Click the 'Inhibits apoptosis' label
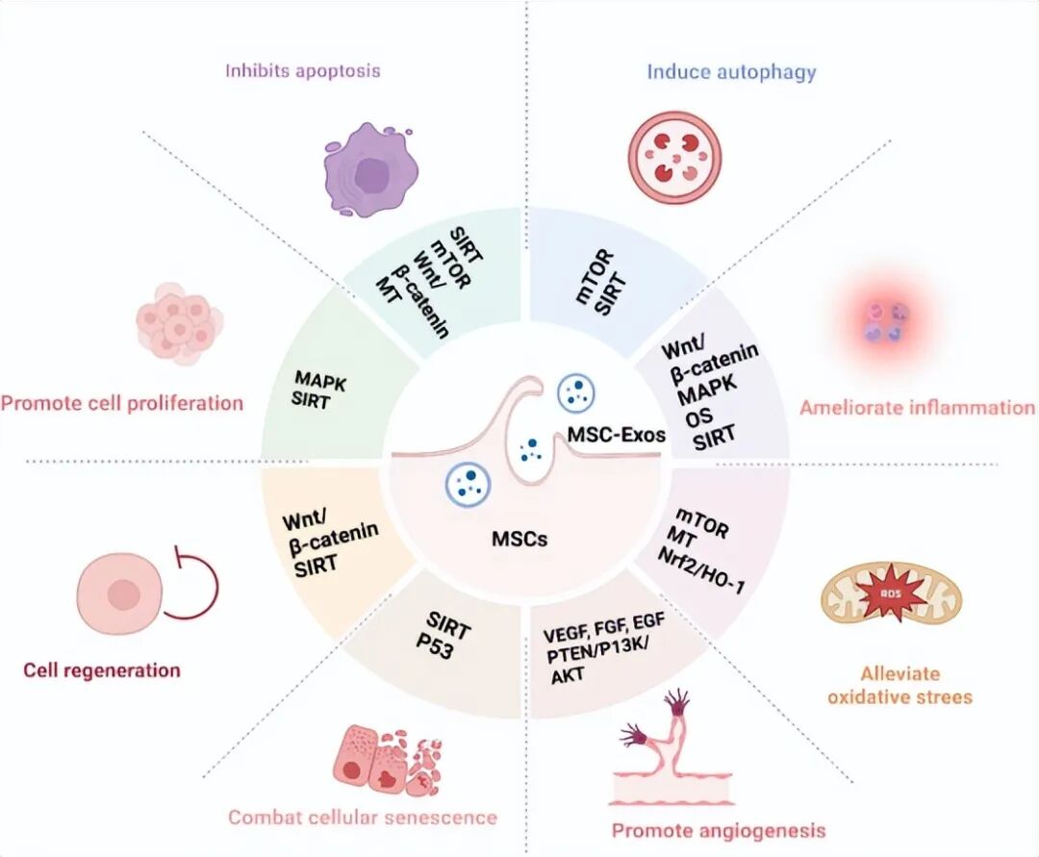click(x=303, y=70)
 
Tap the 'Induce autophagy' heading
click(x=731, y=71)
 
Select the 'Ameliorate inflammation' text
click(x=917, y=407)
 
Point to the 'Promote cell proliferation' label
click(x=121, y=402)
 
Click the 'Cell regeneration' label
click(x=102, y=669)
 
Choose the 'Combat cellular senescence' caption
click(x=363, y=818)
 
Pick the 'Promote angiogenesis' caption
click(x=719, y=829)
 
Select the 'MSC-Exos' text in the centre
click(x=616, y=435)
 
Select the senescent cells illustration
click(x=385, y=757)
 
